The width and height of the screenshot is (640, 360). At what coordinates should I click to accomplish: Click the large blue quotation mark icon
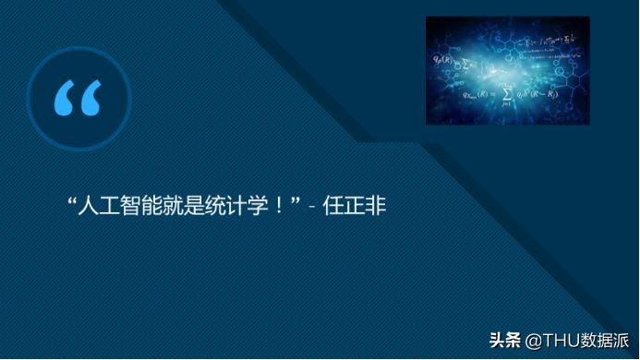pos(78,99)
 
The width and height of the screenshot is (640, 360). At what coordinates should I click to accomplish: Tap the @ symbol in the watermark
pos(534,340)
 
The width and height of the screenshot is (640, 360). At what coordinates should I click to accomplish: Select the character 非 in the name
pos(375,203)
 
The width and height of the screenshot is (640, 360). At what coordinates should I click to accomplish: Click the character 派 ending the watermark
pos(622,340)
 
